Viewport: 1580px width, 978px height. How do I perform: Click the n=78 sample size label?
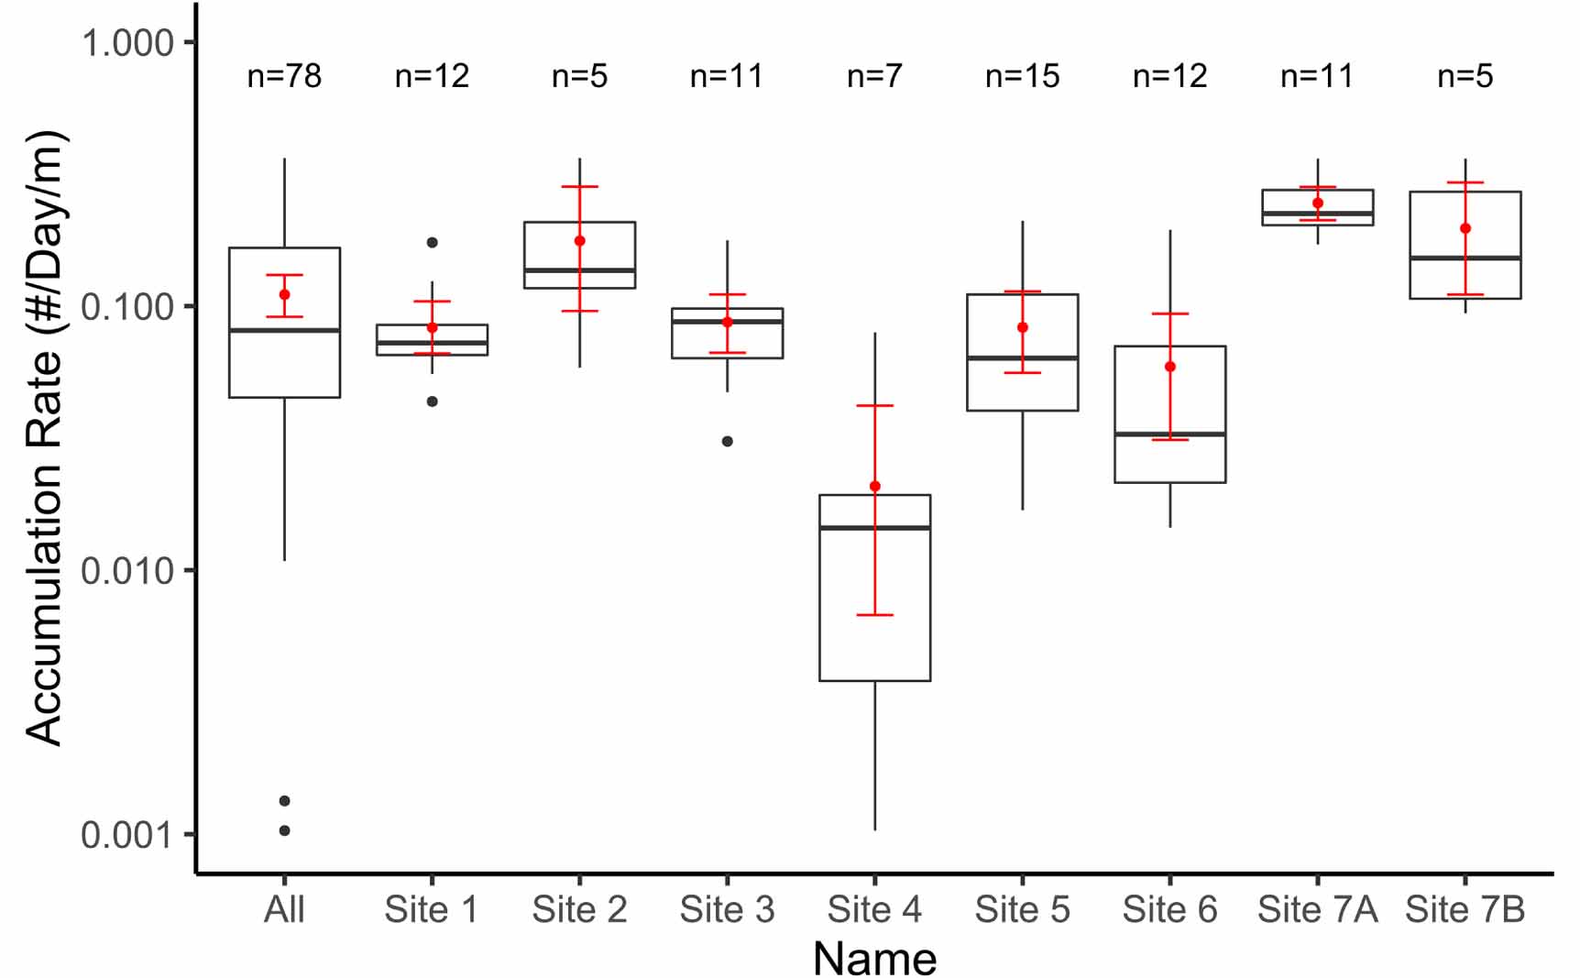(x=284, y=76)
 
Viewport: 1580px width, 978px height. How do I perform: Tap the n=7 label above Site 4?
(x=874, y=76)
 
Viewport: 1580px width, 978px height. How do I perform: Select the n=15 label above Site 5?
(x=1022, y=76)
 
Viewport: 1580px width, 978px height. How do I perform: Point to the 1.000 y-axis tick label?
(x=127, y=43)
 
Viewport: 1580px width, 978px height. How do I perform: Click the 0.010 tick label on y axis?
(x=127, y=571)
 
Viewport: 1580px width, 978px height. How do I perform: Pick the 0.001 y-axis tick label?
(x=127, y=835)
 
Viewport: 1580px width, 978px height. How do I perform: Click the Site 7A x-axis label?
(x=1317, y=910)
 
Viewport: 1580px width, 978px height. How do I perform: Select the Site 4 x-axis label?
(x=874, y=910)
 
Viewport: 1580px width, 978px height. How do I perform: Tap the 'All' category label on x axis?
(x=284, y=910)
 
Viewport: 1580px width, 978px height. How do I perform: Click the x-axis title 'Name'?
(x=874, y=959)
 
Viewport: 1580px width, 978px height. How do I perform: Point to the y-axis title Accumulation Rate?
(x=44, y=438)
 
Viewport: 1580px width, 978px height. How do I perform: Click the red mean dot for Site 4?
(x=874, y=487)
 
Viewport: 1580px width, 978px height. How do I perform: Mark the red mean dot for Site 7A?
(x=1318, y=203)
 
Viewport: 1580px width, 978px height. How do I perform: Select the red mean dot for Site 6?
(x=1170, y=367)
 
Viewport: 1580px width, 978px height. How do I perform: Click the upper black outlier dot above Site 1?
(x=433, y=243)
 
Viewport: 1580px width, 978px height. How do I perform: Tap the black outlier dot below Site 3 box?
(x=728, y=442)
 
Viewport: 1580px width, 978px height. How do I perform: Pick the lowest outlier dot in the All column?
(x=285, y=830)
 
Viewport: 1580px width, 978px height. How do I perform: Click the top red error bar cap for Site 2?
(x=580, y=187)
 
